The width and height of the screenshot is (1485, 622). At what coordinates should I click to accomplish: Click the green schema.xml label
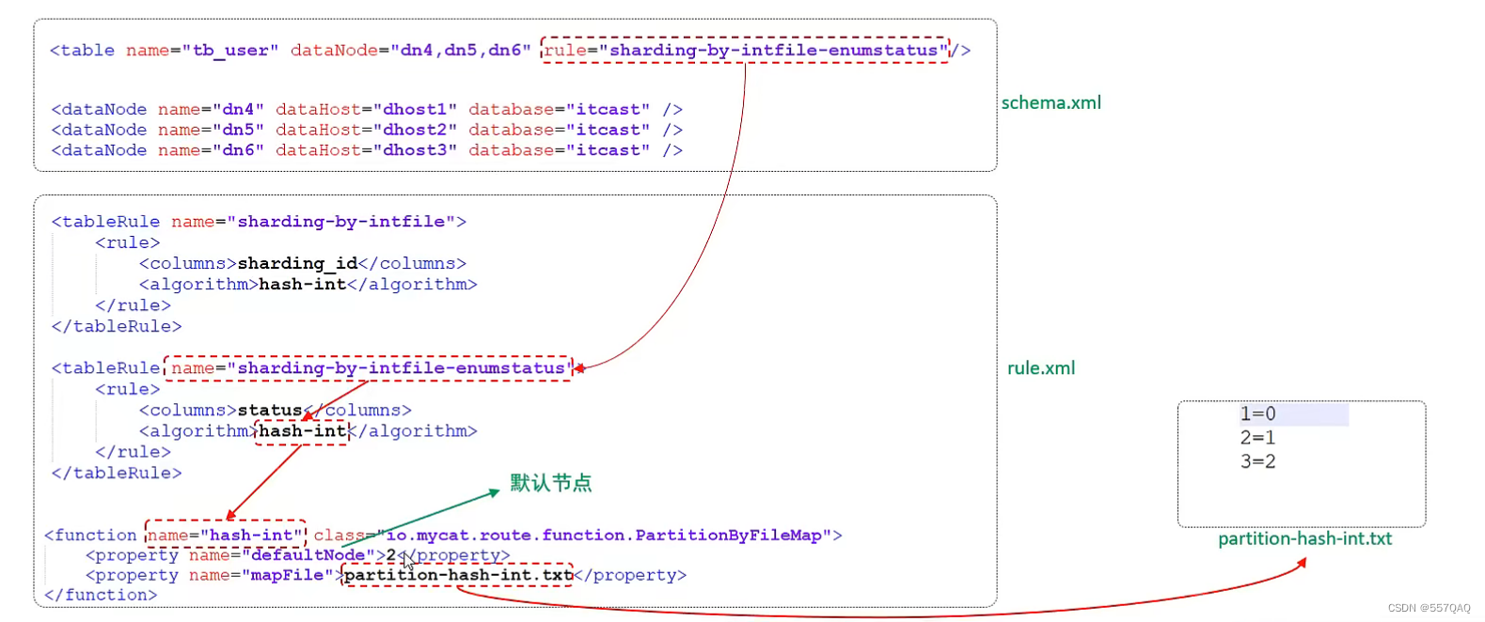(x=1051, y=103)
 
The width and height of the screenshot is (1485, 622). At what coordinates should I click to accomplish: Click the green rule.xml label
(x=1040, y=368)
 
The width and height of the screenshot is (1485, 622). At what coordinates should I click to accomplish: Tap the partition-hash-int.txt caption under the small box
(x=1304, y=539)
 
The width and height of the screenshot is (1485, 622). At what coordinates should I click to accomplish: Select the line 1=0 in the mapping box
(x=1257, y=413)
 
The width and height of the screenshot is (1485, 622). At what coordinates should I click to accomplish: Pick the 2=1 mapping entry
(x=1257, y=438)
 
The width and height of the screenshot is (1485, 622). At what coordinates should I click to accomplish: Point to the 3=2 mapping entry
(x=1257, y=461)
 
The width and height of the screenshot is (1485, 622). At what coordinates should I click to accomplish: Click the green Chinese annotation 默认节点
(x=550, y=483)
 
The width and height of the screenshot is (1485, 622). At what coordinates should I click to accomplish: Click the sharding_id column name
(x=297, y=264)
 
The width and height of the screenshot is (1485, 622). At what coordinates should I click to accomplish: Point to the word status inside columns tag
(x=270, y=411)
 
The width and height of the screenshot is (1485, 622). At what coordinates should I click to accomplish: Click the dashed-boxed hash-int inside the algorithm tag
(x=302, y=431)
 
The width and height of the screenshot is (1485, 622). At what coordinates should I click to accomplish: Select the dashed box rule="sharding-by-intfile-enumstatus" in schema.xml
(x=745, y=51)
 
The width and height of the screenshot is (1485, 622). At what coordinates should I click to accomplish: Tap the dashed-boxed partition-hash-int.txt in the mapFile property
(x=458, y=575)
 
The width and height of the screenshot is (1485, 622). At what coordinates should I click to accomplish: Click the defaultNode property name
(x=308, y=555)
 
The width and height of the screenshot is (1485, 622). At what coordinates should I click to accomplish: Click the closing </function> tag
(x=101, y=595)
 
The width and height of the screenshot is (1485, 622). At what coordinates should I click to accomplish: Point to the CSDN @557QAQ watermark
(x=1429, y=608)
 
